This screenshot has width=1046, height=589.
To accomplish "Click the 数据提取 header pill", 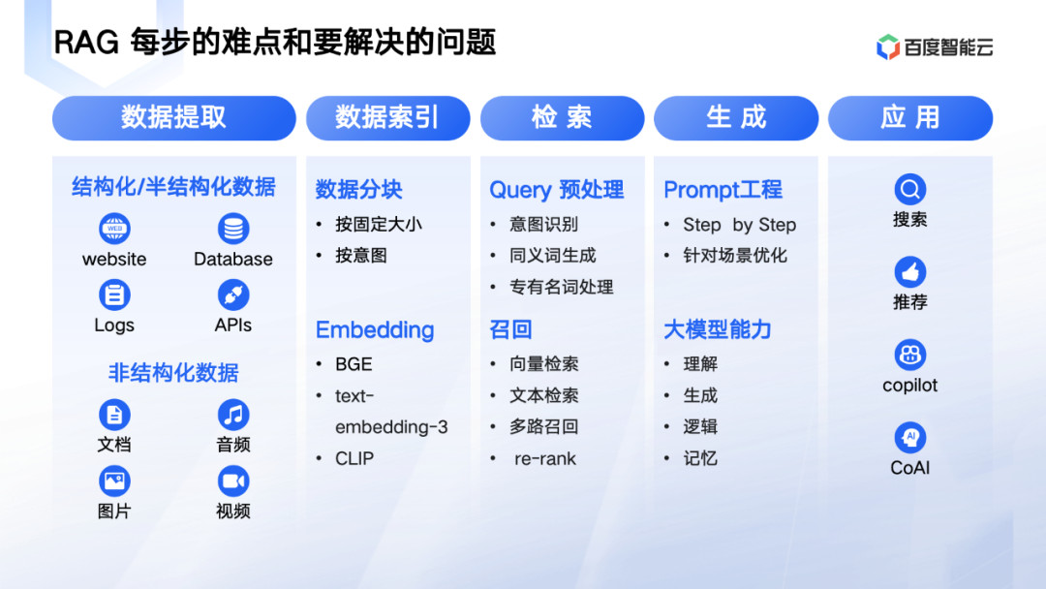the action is coord(174,118).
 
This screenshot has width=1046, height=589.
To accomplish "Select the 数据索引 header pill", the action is coord(388,118).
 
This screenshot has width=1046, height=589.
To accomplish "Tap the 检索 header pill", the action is coord(563,118).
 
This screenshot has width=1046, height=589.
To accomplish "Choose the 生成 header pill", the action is coord(736,118).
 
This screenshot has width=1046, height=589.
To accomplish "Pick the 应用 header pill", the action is coord(910,118).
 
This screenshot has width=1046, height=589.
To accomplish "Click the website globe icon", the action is coord(114,229).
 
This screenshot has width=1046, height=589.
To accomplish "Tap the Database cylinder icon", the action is coord(233,229).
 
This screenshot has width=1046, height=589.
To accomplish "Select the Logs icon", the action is coord(114,294).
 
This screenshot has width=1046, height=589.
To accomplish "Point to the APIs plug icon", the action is coord(233,294).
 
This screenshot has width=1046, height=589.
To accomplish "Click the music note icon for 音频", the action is coord(233,415).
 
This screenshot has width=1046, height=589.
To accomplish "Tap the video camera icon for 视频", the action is coord(233,480).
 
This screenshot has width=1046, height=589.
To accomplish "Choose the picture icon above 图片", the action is coord(114,480).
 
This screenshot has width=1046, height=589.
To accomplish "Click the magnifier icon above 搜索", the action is coord(909,190).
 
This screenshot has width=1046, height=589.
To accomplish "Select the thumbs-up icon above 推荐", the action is coord(909,272).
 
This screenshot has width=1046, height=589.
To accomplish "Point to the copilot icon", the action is coord(909,355).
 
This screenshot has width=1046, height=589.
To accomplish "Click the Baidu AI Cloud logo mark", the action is coord(888,46).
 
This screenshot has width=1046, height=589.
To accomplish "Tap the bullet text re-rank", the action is coord(545,459).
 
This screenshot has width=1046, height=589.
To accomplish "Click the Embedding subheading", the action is coord(375,329).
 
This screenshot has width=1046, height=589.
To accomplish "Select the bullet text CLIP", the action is coord(354,459).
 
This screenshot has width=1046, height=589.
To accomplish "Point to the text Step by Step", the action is coord(739,225).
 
